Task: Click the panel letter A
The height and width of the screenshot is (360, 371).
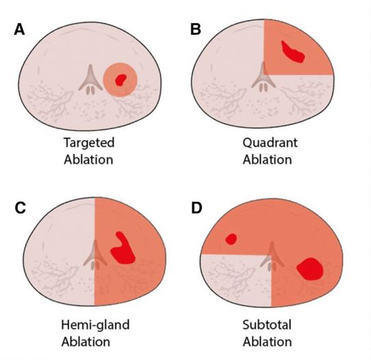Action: pos(19,29)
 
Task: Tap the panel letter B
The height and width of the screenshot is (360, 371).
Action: pos(196,29)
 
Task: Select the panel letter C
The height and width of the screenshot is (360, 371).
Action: pos(20,208)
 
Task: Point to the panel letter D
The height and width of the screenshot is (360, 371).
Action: pos(196,208)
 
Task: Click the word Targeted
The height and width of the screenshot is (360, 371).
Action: pos(89,143)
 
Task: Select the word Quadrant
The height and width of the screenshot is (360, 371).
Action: pos(270,142)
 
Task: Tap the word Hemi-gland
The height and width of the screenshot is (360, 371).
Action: pos(95,325)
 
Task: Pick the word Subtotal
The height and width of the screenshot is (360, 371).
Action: pos(267,325)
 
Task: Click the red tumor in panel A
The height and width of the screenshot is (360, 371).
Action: pos(120,79)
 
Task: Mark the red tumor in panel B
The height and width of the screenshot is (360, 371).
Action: pos(292,52)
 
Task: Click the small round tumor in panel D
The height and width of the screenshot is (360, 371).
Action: pos(231,239)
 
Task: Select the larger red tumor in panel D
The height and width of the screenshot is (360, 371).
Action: pos(309,269)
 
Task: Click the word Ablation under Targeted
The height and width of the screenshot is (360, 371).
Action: pos(88,159)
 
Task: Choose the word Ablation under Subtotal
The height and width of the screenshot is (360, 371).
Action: pos(267,342)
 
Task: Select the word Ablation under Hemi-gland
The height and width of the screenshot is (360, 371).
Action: pos(86,342)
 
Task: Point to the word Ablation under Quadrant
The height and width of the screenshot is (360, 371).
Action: pos(267,159)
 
